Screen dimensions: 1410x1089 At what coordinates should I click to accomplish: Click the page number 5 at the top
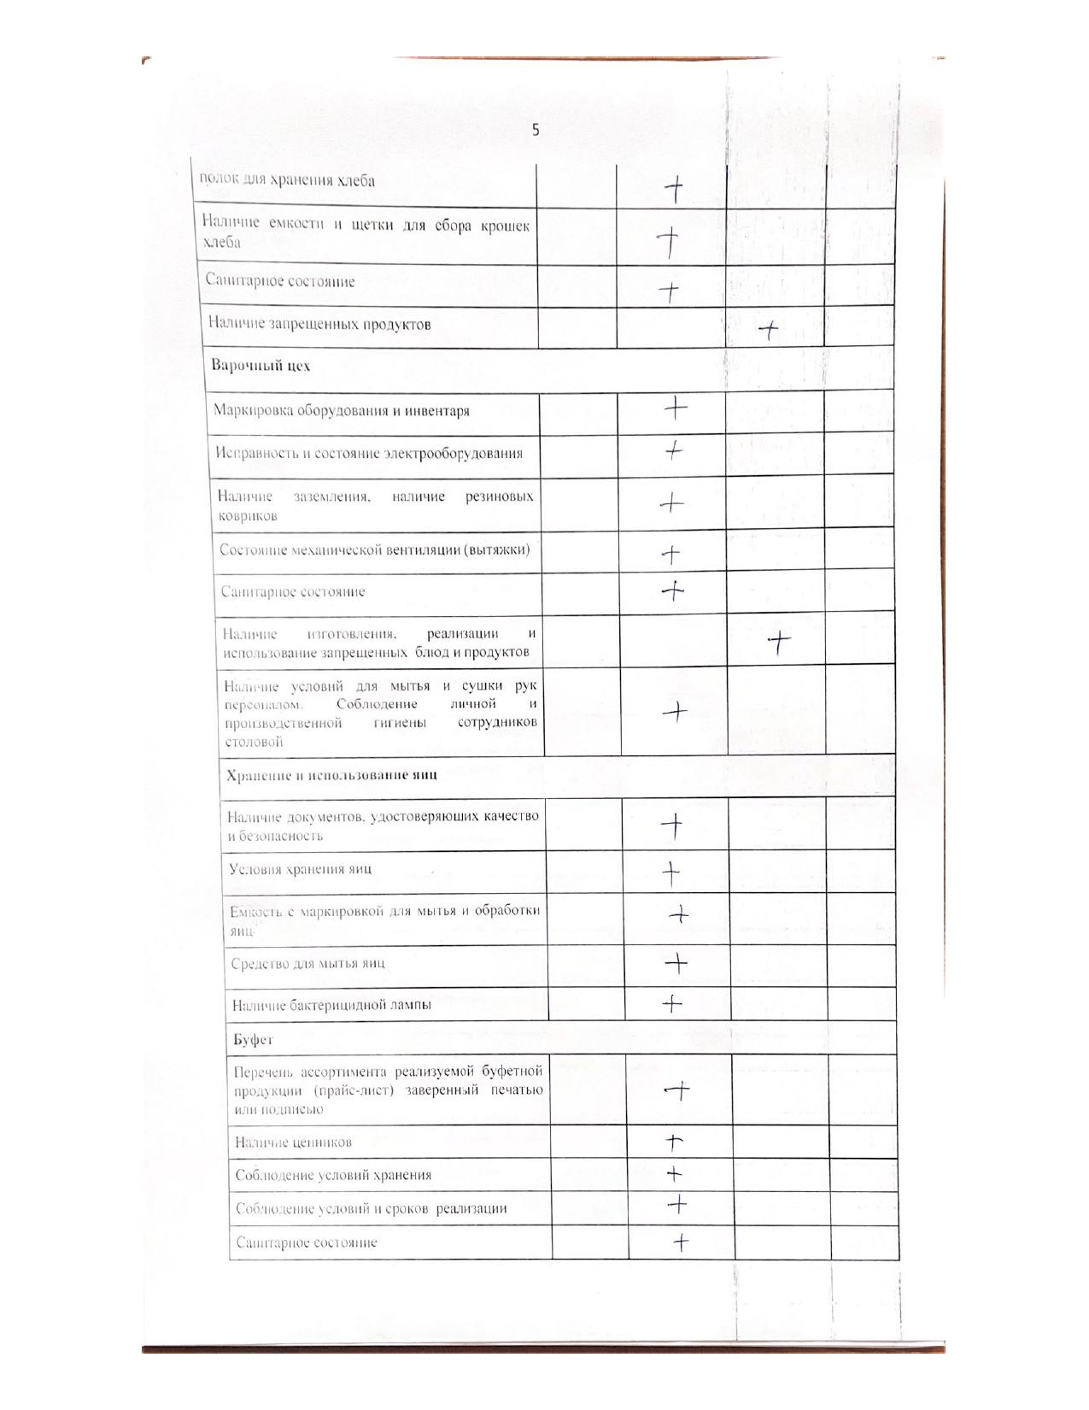[536, 131]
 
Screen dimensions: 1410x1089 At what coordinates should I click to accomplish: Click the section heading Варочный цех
[261, 366]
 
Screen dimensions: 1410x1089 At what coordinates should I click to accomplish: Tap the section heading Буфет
[253, 1040]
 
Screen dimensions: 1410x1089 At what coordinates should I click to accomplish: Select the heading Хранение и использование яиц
[331, 775]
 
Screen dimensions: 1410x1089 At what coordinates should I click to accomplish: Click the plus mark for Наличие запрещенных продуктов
[770, 330]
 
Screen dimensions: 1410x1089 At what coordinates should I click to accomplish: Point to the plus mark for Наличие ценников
[675, 1141]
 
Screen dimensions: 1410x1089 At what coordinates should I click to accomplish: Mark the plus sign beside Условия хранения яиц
[672, 872]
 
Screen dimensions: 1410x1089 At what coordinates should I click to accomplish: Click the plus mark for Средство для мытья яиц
[676, 963]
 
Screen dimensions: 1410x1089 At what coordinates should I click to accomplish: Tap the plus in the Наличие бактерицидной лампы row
[673, 1003]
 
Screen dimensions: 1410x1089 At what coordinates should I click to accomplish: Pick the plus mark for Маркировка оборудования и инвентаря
[676, 408]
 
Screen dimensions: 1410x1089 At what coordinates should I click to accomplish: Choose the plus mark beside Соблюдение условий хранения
[675, 1173]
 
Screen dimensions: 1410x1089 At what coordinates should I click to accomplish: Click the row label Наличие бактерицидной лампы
[331, 1005]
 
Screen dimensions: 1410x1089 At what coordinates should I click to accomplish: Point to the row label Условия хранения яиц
[300, 870]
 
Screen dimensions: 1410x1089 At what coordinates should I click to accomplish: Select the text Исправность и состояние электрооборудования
[369, 453]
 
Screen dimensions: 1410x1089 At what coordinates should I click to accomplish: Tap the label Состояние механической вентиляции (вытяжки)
[374, 549]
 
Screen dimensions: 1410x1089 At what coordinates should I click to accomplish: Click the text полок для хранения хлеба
[287, 180]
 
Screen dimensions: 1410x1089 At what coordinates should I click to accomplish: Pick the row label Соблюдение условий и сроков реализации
[371, 1208]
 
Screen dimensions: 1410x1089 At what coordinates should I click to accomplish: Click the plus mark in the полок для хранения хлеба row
[674, 189]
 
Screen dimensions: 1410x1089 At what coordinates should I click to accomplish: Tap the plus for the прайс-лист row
[677, 1090]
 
